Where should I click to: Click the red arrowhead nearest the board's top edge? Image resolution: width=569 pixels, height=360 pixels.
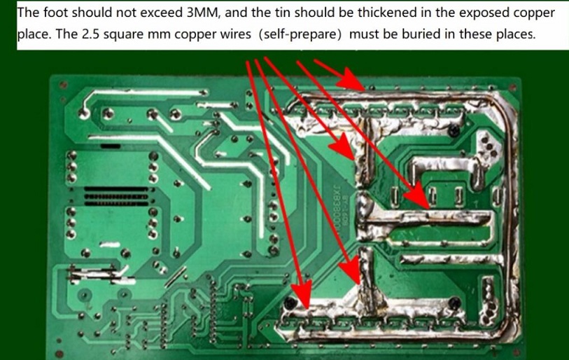pos(350,79)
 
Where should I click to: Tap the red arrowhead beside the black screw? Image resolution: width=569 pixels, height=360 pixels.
pos(302,294)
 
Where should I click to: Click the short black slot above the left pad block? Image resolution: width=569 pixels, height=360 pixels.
pos(110,146)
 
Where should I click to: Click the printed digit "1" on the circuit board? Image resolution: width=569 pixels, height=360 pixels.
pos(477,204)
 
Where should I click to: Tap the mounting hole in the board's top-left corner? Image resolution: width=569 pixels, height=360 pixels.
pos(63,85)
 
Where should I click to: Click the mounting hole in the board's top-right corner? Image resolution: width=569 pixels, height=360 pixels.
pos(513,87)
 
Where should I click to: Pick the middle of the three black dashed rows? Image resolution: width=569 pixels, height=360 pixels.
pos(116,197)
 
